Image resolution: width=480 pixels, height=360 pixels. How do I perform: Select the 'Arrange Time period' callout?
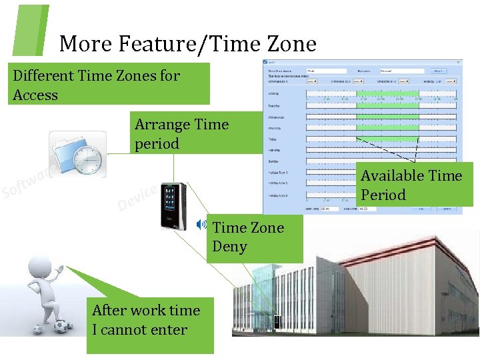point(181,134)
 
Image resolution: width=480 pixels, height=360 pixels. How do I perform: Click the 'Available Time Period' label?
point(411,185)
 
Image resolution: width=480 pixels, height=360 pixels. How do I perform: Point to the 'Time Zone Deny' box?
point(248,237)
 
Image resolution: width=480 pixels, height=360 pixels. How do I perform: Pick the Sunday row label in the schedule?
point(274,161)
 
